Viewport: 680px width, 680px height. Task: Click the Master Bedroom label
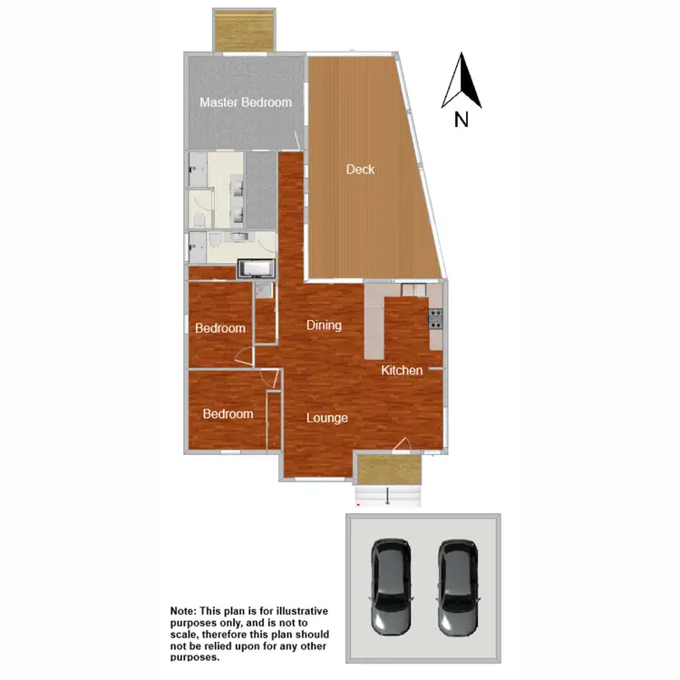246,102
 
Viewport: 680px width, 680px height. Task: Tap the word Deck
360,170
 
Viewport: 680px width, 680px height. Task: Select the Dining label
323,325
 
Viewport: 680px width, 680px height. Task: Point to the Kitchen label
402,370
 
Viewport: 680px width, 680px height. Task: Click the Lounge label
327,418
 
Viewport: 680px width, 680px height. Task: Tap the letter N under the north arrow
461,119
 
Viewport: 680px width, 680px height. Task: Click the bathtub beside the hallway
255,268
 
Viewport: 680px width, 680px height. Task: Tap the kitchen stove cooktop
435,318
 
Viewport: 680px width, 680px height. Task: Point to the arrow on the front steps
388,495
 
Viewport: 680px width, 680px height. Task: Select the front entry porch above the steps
388,469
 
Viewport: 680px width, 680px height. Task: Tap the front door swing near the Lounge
401,444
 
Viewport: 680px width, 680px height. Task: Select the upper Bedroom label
220,328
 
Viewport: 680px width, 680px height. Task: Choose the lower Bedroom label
228,414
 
